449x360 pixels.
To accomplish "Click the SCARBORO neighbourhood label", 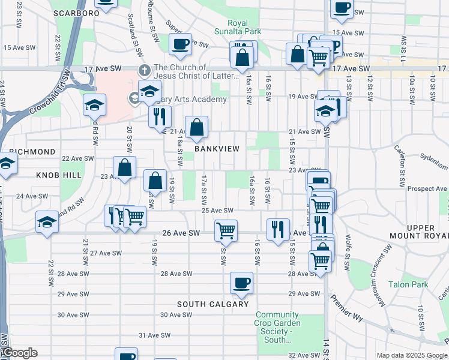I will click(x=76, y=12).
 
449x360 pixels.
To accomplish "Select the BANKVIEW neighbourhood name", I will click(x=216, y=149).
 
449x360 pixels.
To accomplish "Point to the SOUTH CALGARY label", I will click(x=212, y=304).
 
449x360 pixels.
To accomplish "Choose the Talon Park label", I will click(x=406, y=284).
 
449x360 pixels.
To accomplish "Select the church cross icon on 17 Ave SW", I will click(x=144, y=70).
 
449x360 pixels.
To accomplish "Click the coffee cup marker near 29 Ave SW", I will click(x=241, y=283).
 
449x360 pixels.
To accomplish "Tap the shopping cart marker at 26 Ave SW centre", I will click(x=226, y=230).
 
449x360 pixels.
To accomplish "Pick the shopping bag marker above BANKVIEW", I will click(x=196, y=127).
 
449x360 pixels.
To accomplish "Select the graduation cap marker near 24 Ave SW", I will click(x=47, y=223).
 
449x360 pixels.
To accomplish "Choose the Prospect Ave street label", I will click(x=427, y=188).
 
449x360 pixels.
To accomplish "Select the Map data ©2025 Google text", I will click(x=411, y=355).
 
